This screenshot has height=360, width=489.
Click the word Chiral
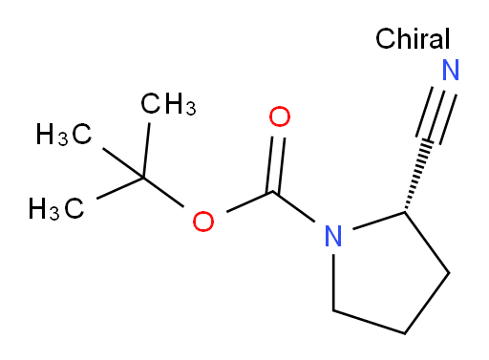tap(413, 38)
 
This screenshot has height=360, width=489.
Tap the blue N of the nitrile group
tap(451, 70)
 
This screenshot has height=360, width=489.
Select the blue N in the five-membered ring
tap(333, 236)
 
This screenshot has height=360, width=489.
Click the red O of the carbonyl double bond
tap(280, 116)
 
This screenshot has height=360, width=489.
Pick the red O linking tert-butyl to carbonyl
tap(203, 221)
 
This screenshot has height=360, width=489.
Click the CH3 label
tap(168, 104)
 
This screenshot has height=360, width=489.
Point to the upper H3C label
tap(64, 135)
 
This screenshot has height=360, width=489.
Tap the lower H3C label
tap(56, 208)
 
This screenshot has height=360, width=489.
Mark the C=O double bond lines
tap(275, 165)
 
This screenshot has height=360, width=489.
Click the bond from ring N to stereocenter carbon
tap(379, 220)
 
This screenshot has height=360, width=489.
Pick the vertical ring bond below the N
tap(333, 282)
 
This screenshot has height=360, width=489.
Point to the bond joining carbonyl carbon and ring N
tap(293, 206)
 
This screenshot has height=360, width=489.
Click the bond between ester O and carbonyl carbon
tap(249, 201)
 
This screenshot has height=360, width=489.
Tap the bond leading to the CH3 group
tap(146, 150)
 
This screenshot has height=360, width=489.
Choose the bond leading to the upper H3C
tap(123, 162)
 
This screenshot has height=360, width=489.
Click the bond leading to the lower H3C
tap(120, 188)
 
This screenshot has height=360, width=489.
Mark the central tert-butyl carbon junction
tap(143, 178)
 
